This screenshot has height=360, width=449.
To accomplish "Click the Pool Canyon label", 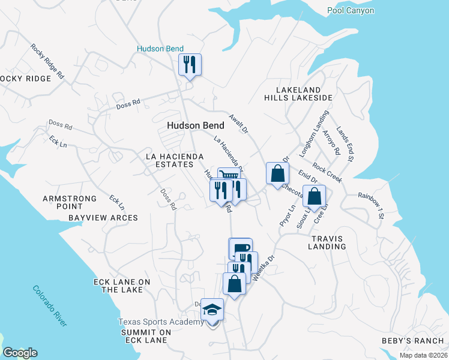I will tap(351, 10).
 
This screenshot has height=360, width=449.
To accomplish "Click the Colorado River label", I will tap(50, 305).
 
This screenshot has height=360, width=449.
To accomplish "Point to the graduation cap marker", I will tap(211, 310).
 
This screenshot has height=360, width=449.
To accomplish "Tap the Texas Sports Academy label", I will tap(161, 322).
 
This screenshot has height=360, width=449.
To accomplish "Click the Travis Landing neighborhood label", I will tap(328, 242).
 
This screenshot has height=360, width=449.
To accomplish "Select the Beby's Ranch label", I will tap(412, 341).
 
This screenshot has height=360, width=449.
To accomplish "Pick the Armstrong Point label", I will tap(70, 202).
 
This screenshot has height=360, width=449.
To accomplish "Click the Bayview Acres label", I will tap(103, 218).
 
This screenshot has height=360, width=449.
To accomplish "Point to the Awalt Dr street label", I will tap(238, 123).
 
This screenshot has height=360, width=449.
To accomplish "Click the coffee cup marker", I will tap(241, 248).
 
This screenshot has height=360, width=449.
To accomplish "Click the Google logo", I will tap(20, 353).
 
